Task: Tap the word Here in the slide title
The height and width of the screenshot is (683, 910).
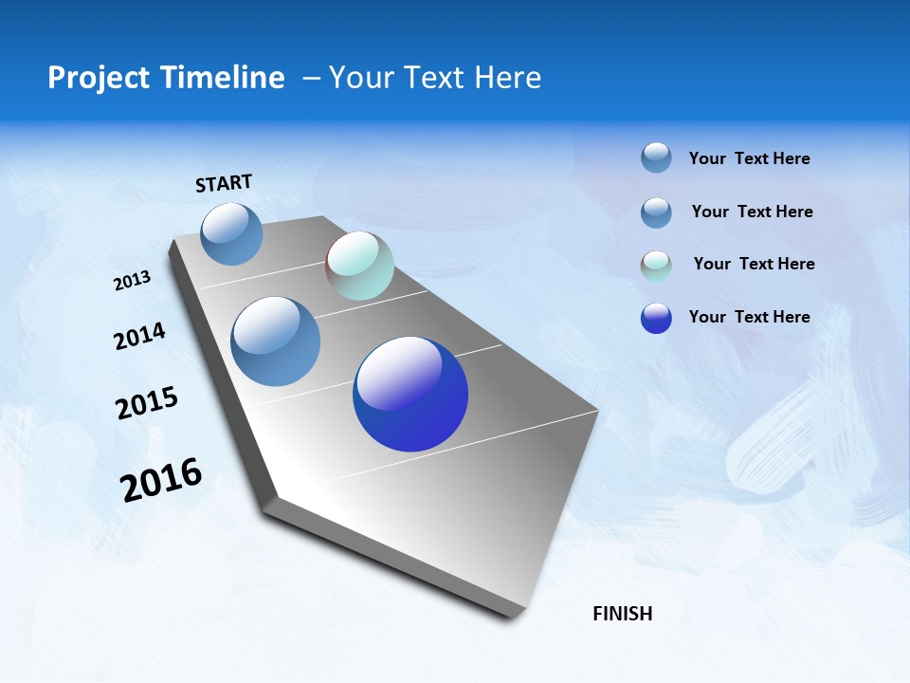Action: pyautogui.click(x=507, y=78)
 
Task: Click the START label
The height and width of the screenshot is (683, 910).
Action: pyautogui.click(x=224, y=183)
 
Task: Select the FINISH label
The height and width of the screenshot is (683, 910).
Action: pyautogui.click(x=623, y=614)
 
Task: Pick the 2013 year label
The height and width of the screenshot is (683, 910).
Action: pyautogui.click(x=132, y=281)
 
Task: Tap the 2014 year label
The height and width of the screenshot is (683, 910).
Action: pyautogui.click(x=139, y=337)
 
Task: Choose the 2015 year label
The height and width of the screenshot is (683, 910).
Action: pyautogui.click(x=147, y=403)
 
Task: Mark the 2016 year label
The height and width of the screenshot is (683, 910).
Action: pyautogui.click(x=161, y=480)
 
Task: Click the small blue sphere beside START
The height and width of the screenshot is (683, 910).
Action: pyautogui.click(x=232, y=233)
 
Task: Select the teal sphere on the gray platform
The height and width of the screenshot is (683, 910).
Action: pyautogui.click(x=359, y=266)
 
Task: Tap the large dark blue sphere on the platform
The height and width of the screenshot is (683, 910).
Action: pyautogui.click(x=410, y=394)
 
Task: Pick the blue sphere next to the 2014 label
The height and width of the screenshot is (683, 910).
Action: pyautogui.click(x=276, y=341)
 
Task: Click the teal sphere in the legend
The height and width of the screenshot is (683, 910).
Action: pyautogui.click(x=656, y=266)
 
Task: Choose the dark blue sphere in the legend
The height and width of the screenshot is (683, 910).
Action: pyautogui.click(x=656, y=318)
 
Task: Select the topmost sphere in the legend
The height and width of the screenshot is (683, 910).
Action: pyautogui.click(x=656, y=157)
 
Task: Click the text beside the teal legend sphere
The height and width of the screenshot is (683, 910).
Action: pyautogui.click(x=754, y=264)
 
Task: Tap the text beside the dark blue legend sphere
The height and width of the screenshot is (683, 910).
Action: pyautogui.click(x=749, y=317)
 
